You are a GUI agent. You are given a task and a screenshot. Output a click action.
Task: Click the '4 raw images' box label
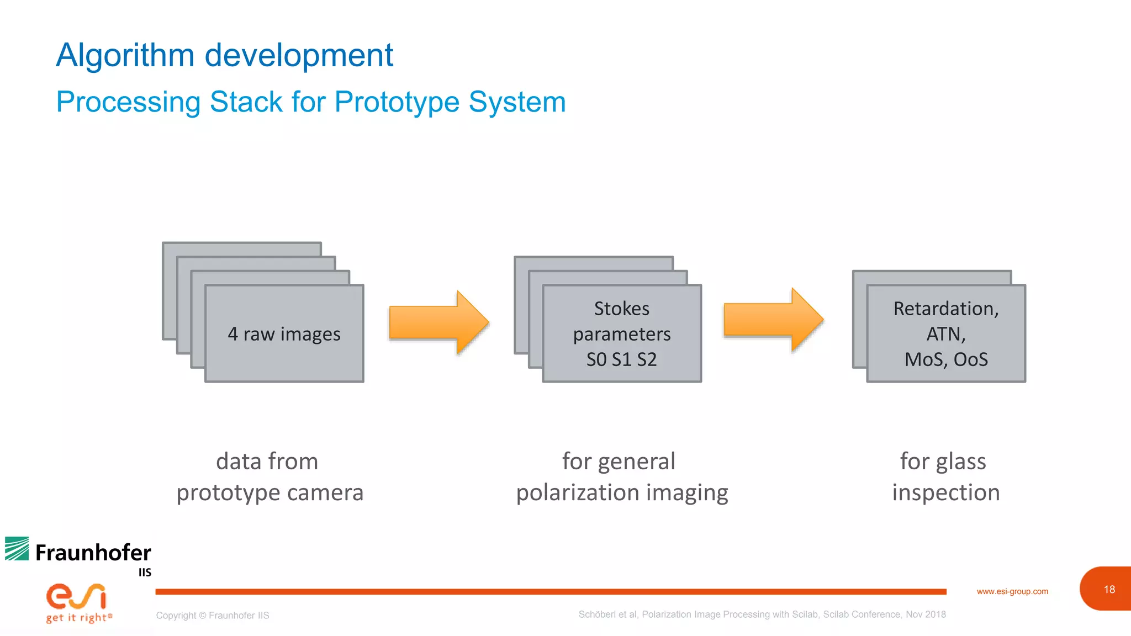tap(284, 334)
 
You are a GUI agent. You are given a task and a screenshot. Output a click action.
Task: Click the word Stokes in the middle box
tap(621, 309)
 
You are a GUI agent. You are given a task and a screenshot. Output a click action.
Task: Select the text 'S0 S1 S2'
tap(621, 359)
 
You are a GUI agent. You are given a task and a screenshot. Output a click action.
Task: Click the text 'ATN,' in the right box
tap(946, 334)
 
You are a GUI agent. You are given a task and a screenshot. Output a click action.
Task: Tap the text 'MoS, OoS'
tap(946, 359)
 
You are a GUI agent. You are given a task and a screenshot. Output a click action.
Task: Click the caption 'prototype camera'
tap(270, 492)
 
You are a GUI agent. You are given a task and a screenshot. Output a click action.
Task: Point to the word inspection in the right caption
tap(946, 492)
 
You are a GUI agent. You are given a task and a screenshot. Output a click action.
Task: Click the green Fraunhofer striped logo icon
tap(17, 549)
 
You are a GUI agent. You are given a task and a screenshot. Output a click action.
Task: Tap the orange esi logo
tap(76, 596)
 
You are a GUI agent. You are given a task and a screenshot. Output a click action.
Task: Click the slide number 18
tap(1109, 590)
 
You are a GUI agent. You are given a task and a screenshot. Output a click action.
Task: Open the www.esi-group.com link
tap(1012, 591)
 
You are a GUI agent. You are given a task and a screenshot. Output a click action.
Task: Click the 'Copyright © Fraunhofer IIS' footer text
tap(213, 616)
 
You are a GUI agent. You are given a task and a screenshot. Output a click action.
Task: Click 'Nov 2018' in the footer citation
tap(926, 614)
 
